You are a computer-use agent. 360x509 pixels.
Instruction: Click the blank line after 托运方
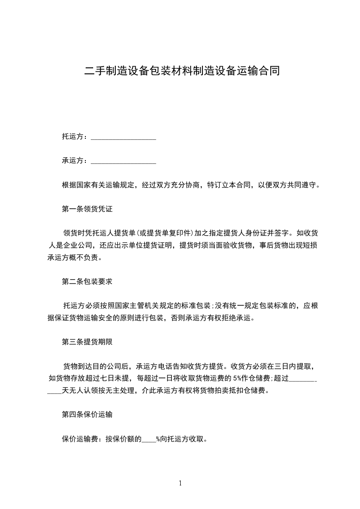(123, 137)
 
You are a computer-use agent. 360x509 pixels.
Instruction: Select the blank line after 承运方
(123, 161)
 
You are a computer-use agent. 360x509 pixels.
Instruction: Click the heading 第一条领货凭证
(87, 210)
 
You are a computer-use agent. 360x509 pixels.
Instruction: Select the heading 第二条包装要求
(87, 281)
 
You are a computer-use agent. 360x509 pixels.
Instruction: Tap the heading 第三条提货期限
(87, 342)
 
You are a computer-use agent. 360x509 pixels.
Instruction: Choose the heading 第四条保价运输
(87, 414)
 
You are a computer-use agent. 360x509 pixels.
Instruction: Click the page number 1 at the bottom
(180, 483)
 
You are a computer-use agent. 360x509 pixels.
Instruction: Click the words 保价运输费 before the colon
(80, 439)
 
